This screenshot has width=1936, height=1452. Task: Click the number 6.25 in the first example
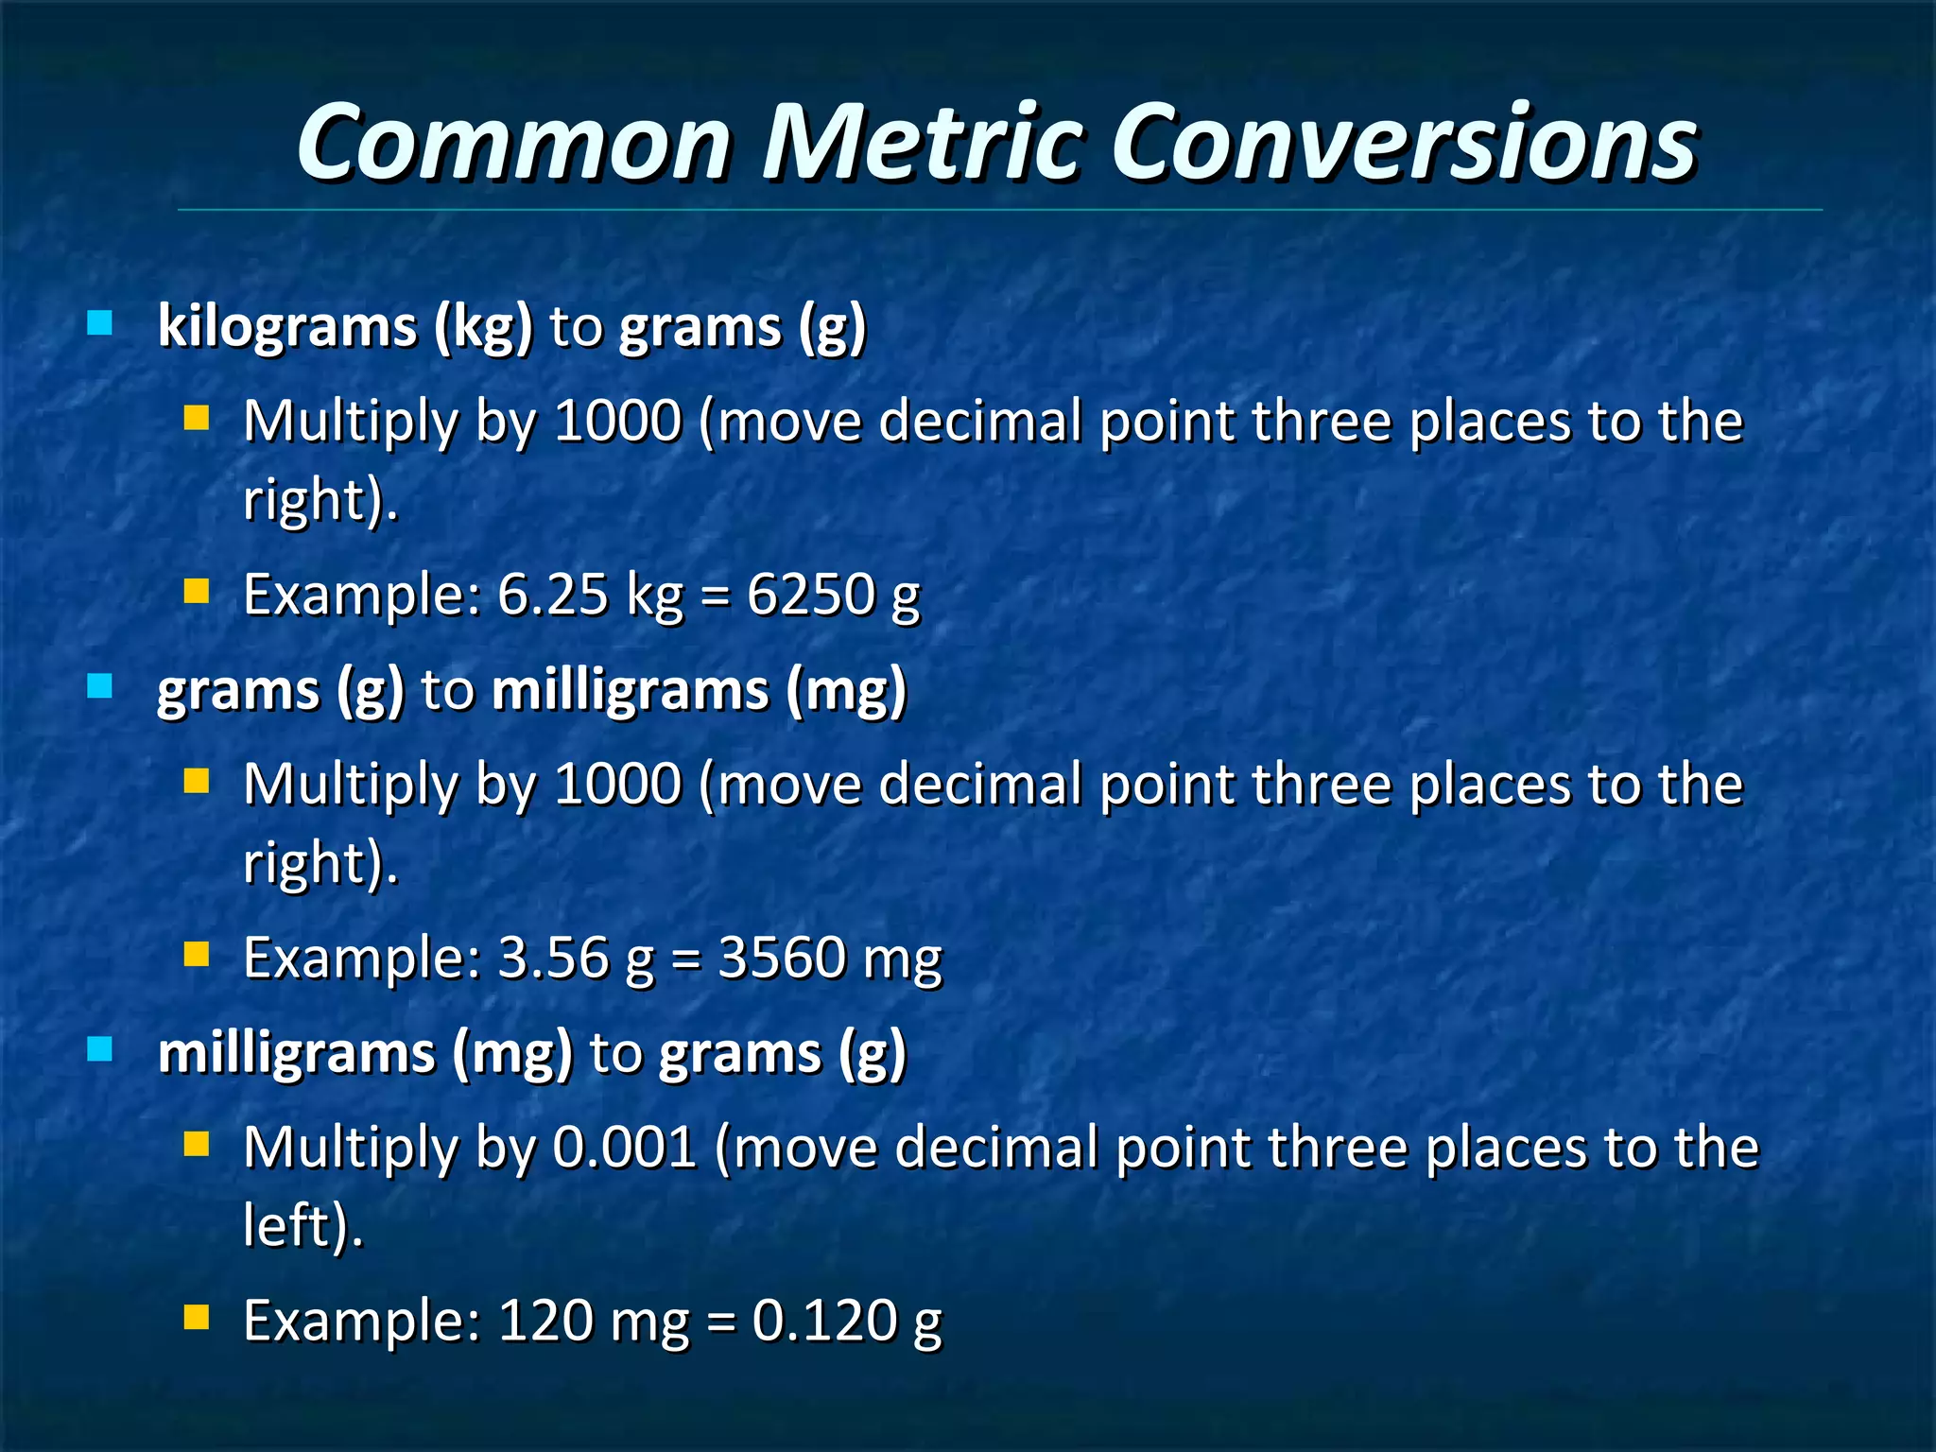552,595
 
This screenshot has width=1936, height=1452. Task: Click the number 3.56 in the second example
552,958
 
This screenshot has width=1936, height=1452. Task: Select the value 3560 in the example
782,958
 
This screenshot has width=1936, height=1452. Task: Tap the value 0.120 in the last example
823,1321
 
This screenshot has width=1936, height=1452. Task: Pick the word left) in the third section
302,1226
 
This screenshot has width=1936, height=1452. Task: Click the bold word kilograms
287,327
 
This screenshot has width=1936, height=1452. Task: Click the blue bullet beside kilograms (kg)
99,324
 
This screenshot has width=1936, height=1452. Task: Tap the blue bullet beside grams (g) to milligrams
99,686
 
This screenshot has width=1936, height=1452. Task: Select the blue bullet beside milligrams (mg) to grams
99,1049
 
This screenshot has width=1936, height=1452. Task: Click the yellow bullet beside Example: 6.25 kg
197,592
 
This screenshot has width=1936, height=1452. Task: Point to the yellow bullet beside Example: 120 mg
197,1318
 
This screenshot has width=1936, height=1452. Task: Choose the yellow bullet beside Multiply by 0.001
197,1145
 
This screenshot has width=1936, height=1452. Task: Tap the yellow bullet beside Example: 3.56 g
197,955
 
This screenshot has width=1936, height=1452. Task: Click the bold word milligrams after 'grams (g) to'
631,690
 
